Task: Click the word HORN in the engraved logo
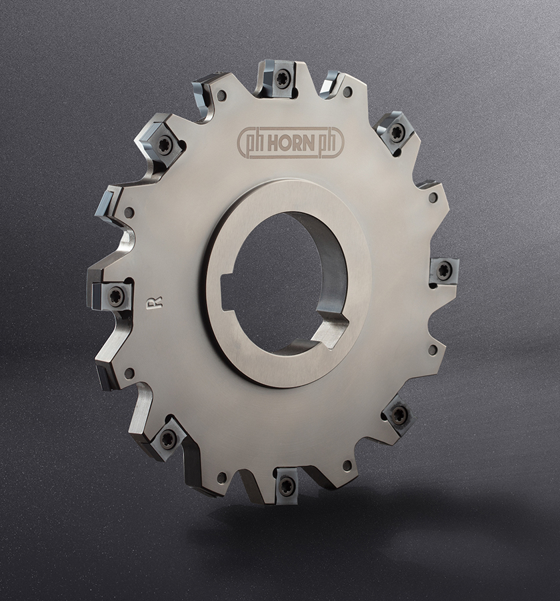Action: (x=291, y=143)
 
